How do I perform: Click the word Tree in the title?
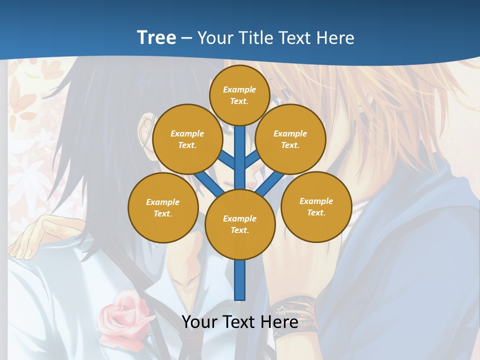pos(156,38)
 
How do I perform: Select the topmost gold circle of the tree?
pos(240,95)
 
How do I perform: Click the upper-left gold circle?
pos(187,139)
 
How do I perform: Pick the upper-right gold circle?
pos(290,139)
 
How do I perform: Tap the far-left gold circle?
pos(163,208)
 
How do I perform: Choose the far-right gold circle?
pos(316,207)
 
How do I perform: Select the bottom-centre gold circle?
pos(240,224)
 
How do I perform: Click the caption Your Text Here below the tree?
pos(240,322)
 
